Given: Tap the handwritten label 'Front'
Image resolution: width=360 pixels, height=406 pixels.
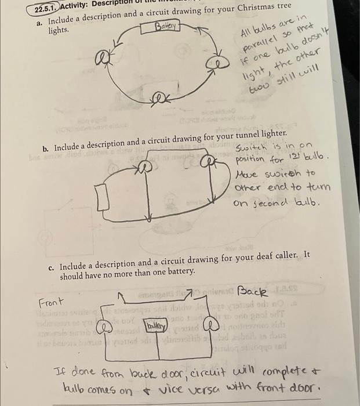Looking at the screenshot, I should [x=50, y=303].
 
